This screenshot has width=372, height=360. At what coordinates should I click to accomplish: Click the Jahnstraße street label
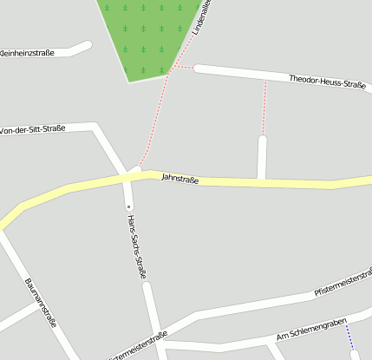click(180, 179)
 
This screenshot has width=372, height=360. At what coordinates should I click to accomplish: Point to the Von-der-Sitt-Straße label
click(34, 129)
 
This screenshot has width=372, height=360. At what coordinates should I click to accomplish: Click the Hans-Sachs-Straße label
click(134, 247)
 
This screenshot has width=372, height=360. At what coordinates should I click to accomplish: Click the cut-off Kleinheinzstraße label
click(26, 53)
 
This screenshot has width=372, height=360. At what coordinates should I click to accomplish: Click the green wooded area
click(147, 35)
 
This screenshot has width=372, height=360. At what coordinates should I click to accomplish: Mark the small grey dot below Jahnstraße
click(128, 207)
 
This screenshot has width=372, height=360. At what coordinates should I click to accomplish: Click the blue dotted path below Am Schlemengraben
click(349, 339)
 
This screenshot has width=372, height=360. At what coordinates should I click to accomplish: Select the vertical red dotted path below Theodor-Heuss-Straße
click(264, 108)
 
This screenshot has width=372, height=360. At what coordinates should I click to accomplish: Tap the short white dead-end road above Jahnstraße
click(262, 156)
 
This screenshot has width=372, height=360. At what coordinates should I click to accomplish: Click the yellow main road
click(260, 182)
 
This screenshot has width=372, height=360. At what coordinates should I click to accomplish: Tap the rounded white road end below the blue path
click(355, 354)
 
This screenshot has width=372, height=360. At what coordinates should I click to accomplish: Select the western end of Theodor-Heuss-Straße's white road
click(198, 68)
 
